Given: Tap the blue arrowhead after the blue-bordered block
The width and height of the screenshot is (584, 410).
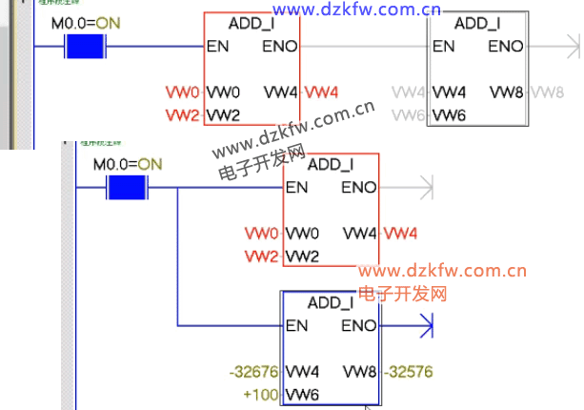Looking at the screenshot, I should [x=425, y=326].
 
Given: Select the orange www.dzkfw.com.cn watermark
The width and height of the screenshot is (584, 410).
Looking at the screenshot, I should [x=443, y=272].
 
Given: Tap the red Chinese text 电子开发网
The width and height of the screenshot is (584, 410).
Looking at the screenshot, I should [x=403, y=293].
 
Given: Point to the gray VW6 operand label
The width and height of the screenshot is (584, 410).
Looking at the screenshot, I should [x=409, y=114].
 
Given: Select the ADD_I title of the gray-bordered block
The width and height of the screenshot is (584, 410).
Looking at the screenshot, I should [x=477, y=22].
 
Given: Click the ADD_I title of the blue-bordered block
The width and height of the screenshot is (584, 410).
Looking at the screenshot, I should [x=331, y=302].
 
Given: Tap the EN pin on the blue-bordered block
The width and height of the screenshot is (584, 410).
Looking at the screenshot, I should [x=296, y=326].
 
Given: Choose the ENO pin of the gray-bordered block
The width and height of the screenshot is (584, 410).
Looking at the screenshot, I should [x=505, y=46].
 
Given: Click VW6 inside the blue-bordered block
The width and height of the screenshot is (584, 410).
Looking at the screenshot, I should [x=302, y=393].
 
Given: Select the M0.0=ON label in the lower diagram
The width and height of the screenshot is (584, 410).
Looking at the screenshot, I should [x=128, y=164].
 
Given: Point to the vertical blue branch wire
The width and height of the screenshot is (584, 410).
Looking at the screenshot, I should [x=178, y=257].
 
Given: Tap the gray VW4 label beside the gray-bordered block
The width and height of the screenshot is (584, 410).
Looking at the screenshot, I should [x=409, y=92].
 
